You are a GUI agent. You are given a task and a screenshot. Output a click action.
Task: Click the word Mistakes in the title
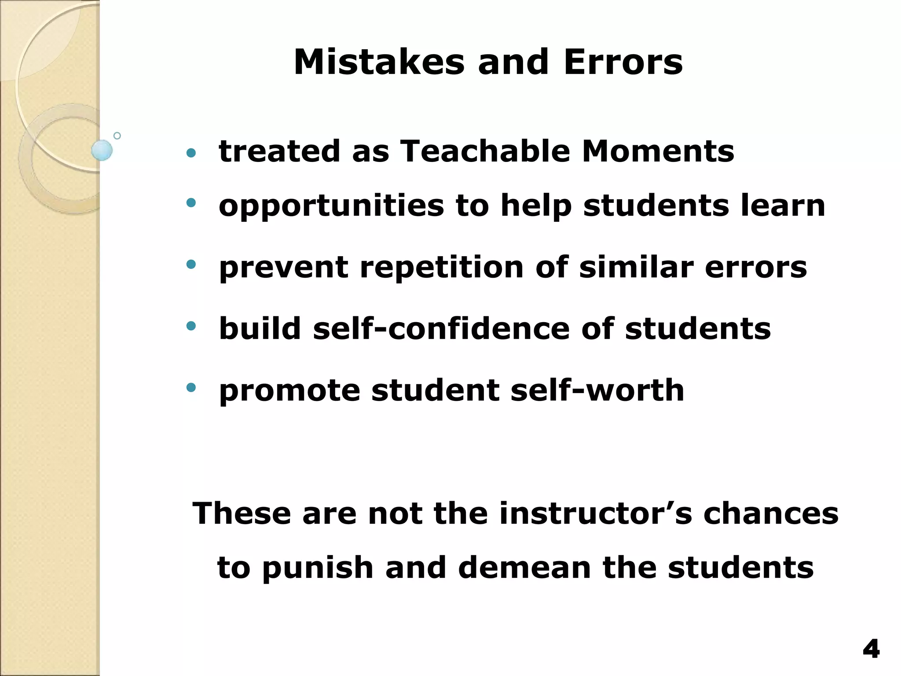(x=379, y=62)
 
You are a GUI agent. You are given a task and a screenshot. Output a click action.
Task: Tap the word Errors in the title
(x=623, y=62)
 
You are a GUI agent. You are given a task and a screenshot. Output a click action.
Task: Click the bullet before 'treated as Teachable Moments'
(x=191, y=153)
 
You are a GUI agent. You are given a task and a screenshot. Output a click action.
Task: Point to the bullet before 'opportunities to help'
(x=191, y=202)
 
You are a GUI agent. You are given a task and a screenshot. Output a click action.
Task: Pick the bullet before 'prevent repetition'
(x=191, y=264)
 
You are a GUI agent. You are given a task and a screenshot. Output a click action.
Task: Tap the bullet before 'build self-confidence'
(x=191, y=326)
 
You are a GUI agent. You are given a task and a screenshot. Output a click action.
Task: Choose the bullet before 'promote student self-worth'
(x=191, y=387)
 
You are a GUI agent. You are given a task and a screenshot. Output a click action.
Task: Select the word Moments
(x=658, y=151)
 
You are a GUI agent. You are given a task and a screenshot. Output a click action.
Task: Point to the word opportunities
(x=331, y=206)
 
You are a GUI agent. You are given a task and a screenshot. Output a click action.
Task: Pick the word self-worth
(x=597, y=390)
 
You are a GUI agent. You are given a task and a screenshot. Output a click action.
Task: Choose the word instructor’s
(x=595, y=514)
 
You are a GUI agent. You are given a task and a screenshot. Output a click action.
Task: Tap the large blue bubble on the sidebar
(x=102, y=150)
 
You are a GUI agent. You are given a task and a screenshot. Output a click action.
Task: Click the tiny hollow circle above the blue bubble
(x=117, y=136)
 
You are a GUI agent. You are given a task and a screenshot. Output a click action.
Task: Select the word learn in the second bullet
(x=783, y=206)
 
